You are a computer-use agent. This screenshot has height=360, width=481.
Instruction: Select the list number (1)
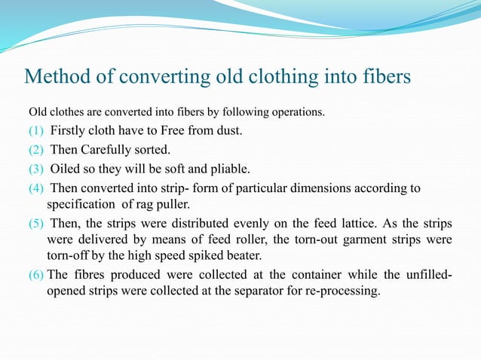click(37, 132)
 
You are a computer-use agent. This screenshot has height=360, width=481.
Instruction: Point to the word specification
click(83, 203)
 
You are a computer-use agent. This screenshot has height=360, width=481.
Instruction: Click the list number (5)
click(37, 224)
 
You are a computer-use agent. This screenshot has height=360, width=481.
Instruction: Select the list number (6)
click(37, 276)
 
